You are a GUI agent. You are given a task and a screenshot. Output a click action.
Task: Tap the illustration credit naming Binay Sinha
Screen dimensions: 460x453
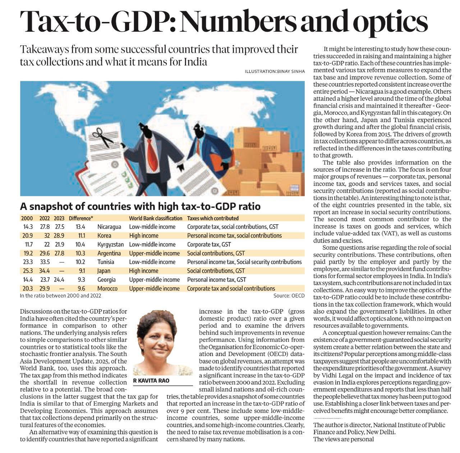pyautogui.click(x=275, y=71)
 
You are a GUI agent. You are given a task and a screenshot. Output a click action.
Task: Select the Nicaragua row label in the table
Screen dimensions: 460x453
pyautogui.click(x=109, y=227)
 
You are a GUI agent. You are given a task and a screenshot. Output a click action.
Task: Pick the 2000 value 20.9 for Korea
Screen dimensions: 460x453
pyautogui.click(x=27, y=236)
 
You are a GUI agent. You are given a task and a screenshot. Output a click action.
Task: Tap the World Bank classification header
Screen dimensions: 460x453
pyautogui.click(x=155, y=218)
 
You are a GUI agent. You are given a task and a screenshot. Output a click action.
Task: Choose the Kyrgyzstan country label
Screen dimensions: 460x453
pyautogui.click(x=111, y=244)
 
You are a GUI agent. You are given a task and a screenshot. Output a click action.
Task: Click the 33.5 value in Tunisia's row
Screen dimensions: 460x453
pyautogui.click(x=45, y=262)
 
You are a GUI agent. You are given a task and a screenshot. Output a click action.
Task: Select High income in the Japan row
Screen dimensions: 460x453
pyautogui.click(x=143, y=271)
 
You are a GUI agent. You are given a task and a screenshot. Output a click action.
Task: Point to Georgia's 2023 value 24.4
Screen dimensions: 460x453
pyautogui.click(x=59, y=279)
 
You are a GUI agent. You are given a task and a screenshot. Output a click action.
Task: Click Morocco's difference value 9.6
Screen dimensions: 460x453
pyautogui.click(x=81, y=288)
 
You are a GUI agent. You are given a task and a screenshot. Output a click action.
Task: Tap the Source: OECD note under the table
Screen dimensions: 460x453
pyautogui.click(x=289, y=296)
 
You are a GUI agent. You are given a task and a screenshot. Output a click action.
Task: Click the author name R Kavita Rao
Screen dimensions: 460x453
pyautogui.click(x=151, y=381)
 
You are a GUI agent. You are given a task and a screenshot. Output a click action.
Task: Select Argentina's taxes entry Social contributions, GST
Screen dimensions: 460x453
pyautogui.click(x=216, y=253)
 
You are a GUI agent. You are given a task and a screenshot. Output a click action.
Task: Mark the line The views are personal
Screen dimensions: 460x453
pyautogui.click(x=344, y=439)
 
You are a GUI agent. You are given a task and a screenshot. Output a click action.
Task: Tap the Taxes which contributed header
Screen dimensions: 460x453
pyautogui.click(x=213, y=218)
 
